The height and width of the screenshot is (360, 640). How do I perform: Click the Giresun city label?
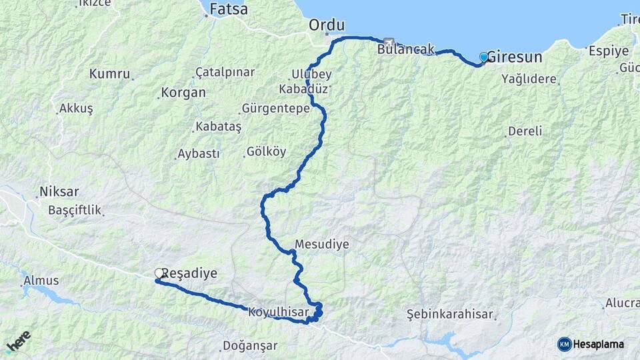point(515,57)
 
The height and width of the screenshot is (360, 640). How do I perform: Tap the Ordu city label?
point(327,25)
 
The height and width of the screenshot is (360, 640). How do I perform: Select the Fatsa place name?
point(228,9)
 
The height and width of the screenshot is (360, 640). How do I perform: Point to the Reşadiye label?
point(195,273)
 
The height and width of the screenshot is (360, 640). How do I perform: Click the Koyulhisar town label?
point(278,312)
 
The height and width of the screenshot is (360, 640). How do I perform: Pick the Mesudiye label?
point(322,245)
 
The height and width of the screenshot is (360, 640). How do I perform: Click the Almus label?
point(41,281)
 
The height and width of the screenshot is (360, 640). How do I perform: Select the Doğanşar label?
point(249,347)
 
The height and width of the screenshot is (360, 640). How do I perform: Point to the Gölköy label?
point(266,151)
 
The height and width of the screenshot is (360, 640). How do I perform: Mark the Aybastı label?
point(198,154)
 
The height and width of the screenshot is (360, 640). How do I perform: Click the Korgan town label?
point(183,93)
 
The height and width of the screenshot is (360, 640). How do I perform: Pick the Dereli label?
point(525,131)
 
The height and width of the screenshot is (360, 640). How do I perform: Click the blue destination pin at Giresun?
point(484,58)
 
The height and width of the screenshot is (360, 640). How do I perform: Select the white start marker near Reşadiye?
point(160,273)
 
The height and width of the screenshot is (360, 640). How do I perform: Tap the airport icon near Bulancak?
point(389,42)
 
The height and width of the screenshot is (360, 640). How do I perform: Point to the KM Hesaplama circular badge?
point(565,344)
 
